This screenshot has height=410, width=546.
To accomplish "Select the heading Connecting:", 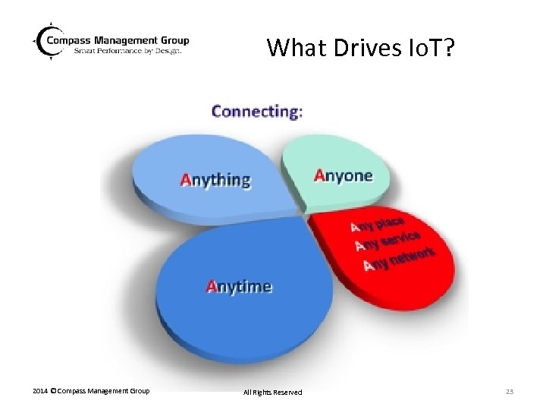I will pyautogui.click(x=257, y=112).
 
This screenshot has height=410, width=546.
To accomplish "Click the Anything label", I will pyautogui.click(x=215, y=180).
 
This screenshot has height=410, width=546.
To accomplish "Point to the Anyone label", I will pyautogui.click(x=344, y=176).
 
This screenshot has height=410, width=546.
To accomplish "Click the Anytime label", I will pyautogui.click(x=239, y=286).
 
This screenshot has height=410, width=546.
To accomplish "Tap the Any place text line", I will pyautogui.click(x=377, y=225).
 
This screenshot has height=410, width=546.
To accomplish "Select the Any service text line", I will pyautogui.click(x=387, y=242).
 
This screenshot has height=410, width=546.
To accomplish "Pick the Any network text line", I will pyautogui.click(x=399, y=260).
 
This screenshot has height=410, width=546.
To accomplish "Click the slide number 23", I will pyautogui.click(x=509, y=392).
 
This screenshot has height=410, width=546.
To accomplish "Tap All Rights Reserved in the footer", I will pyautogui.click(x=272, y=392).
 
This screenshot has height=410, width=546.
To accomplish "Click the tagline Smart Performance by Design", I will pyautogui.click(x=127, y=51).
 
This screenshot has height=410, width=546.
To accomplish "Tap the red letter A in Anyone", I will pyautogui.click(x=319, y=176).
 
